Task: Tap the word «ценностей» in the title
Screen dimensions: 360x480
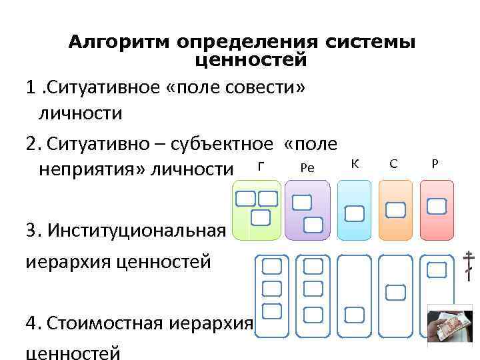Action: [x=251, y=60]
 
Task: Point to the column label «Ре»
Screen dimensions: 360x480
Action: [x=307, y=168]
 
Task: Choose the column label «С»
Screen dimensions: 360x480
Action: [x=394, y=164]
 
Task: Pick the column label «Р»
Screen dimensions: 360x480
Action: [x=435, y=163]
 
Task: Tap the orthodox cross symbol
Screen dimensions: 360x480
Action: [x=470, y=265]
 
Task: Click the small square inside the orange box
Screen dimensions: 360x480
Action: [x=395, y=210]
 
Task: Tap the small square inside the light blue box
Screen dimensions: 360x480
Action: [x=354, y=213]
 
